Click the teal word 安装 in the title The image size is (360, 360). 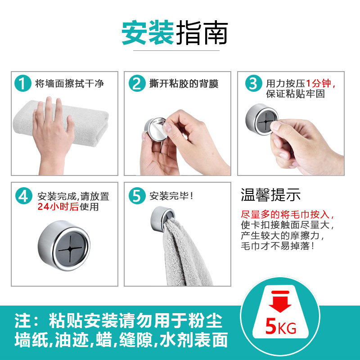148,32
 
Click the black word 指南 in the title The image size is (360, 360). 202,32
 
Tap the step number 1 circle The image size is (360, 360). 23,83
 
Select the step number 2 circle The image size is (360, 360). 137,83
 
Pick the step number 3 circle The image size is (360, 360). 253,83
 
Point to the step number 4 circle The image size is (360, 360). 24,196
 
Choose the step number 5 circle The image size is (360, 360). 137,196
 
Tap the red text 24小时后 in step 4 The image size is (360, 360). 58,207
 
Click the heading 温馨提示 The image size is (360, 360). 271,195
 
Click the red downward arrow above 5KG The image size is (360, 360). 280,301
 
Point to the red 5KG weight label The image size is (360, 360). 280,327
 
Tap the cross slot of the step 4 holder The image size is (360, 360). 70,248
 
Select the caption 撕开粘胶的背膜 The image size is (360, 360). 184,83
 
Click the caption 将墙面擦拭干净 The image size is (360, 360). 69,83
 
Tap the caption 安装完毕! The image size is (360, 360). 171,196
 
